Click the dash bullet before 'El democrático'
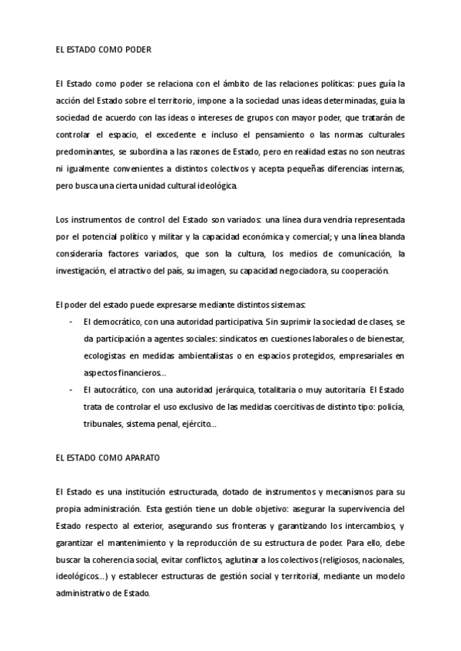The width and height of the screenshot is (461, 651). point(71,322)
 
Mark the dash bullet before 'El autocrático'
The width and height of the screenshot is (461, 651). point(71,389)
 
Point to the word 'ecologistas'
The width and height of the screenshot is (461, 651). point(104,355)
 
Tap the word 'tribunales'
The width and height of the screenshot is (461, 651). point(103,423)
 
